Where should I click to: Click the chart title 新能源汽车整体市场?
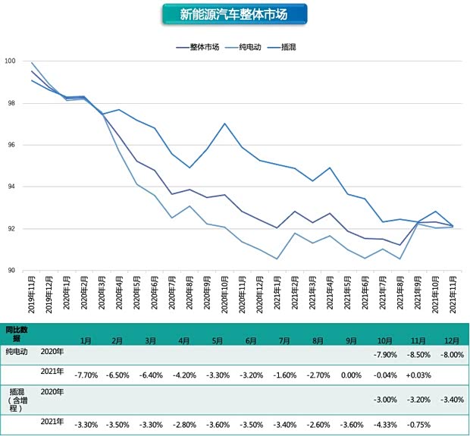[234, 14]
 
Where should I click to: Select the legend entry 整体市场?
[199, 47]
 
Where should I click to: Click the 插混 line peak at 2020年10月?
[225, 124]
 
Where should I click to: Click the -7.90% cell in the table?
[386, 354]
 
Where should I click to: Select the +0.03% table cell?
[419, 375]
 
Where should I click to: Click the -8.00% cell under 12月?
[453, 354]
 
